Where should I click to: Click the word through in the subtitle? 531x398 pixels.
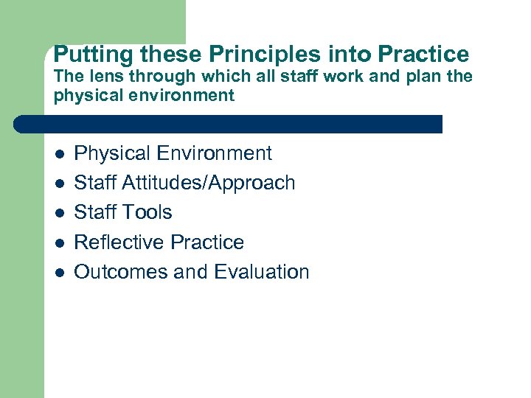point(162,76)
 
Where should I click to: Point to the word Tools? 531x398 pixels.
point(147,212)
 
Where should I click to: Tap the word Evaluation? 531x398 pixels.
point(262,271)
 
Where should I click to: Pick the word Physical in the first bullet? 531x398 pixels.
point(113,153)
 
